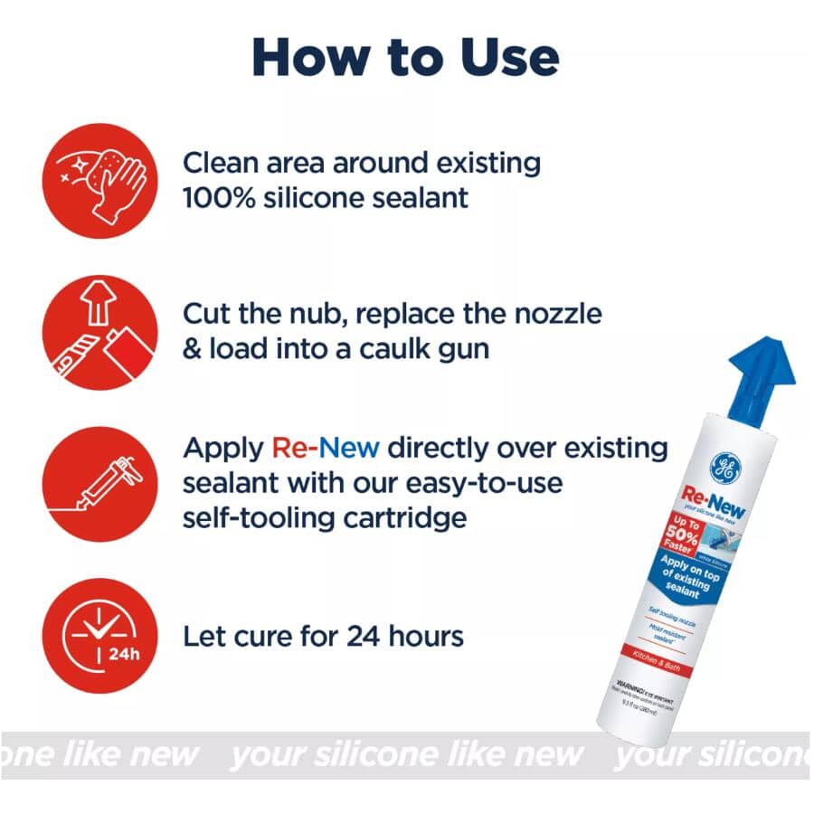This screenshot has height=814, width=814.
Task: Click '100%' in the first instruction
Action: (x=213, y=197)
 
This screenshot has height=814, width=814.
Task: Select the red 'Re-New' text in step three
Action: (x=325, y=448)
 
